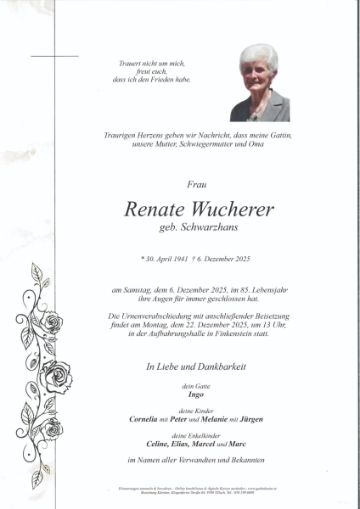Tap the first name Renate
(155, 210)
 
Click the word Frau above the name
(195, 184)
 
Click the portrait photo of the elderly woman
(260, 82)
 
